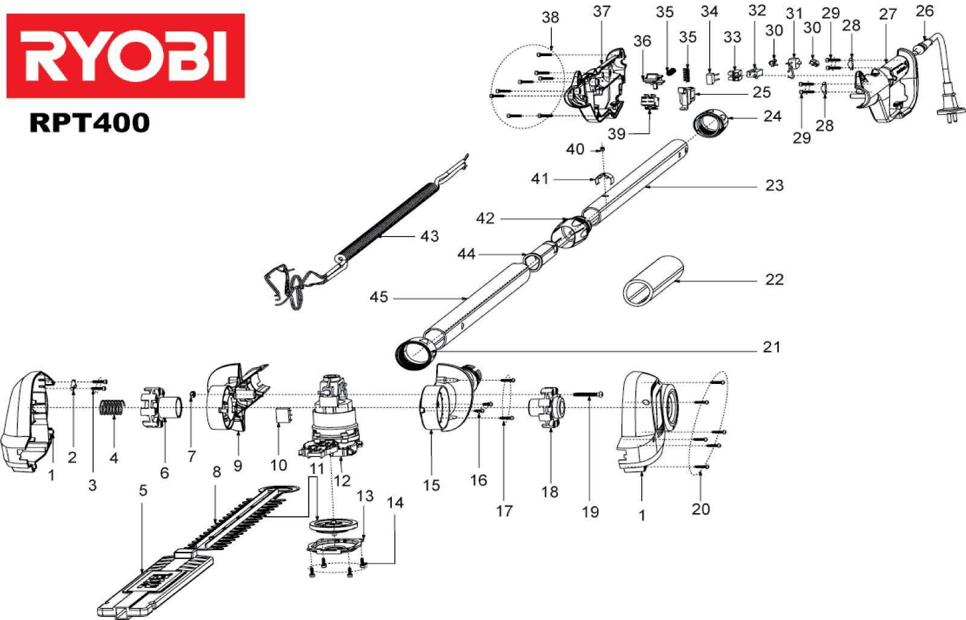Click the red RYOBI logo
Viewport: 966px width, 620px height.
point(126,56)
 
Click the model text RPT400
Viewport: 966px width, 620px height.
point(89,123)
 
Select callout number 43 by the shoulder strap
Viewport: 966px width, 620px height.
point(429,236)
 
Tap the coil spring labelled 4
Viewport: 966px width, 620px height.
point(112,409)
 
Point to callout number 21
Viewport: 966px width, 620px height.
point(772,347)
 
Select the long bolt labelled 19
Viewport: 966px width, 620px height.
point(588,395)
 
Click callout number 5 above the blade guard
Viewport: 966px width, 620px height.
point(143,490)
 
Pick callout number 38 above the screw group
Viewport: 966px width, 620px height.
point(550,18)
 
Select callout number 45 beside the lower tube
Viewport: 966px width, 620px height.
point(379,297)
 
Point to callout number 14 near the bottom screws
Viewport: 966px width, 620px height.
point(395,502)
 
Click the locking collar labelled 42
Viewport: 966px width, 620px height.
point(571,231)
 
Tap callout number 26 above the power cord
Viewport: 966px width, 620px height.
point(924,11)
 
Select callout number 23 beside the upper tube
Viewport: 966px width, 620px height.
point(774,185)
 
